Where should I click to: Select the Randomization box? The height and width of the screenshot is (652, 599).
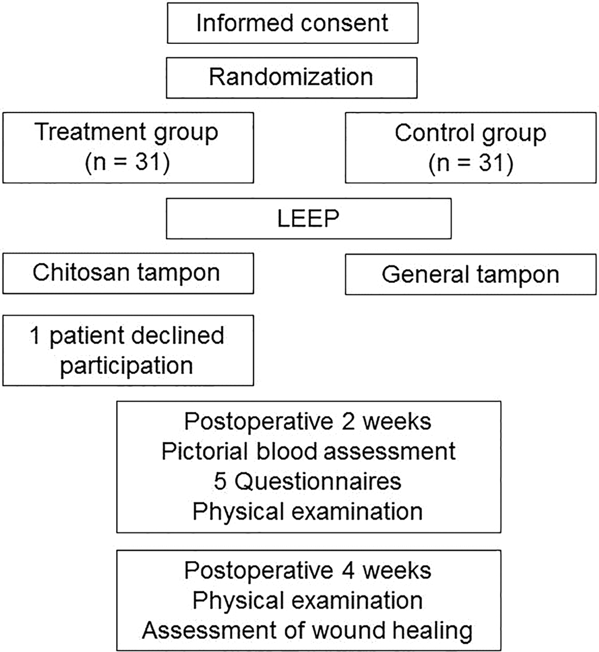pos(292,77)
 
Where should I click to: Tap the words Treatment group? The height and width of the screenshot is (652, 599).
pos(126,133)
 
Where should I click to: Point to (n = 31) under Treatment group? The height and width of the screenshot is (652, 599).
pos(126,162)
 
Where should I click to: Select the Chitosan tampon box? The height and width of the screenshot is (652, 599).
pos(126,272)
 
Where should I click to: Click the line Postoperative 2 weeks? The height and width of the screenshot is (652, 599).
pos(308,421)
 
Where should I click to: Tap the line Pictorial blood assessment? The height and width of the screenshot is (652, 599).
pos(308,452)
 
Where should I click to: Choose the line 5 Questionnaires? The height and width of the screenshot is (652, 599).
pos(308,482)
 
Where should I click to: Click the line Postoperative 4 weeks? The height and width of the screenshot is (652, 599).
pos(308,570)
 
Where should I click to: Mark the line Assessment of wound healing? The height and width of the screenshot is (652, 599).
pos(308,631)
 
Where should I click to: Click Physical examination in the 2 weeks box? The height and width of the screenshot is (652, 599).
pos(308,512)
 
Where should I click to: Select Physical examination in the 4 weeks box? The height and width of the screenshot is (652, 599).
pos(308,600)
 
